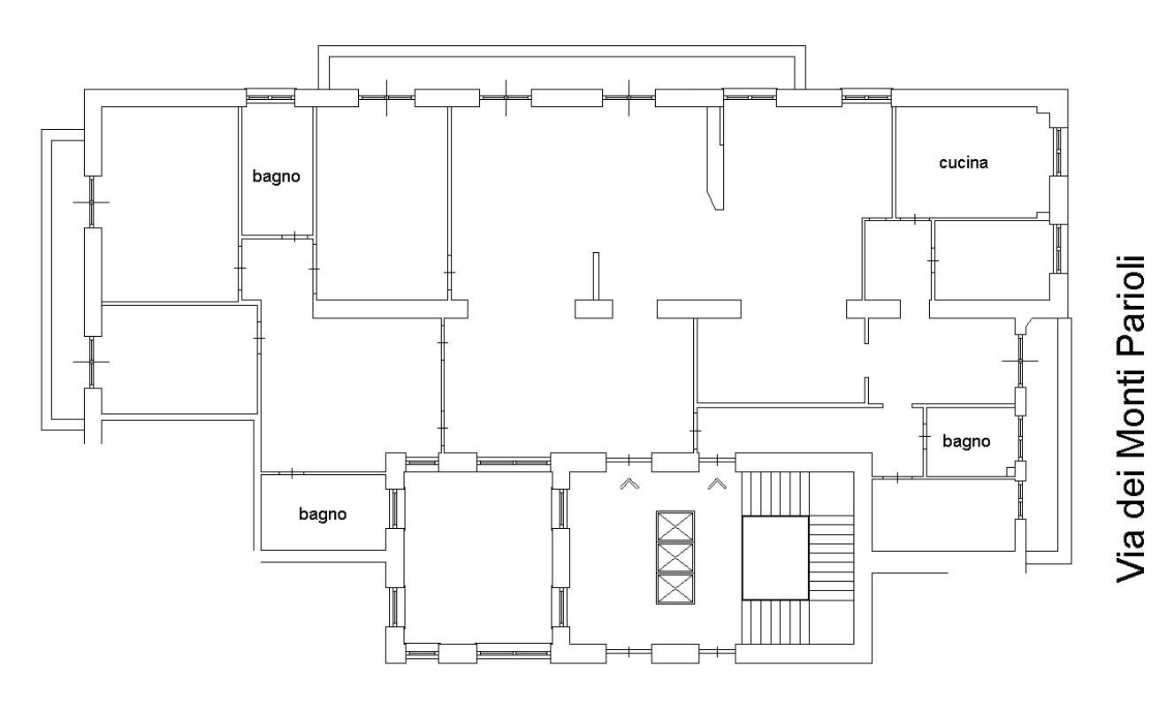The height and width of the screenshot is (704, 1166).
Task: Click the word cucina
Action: [964, 163]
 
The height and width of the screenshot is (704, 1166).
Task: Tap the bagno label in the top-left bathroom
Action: [276, 177]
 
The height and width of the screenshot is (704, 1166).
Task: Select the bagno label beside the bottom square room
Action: [323, 515]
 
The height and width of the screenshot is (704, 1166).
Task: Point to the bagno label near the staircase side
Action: [966, 441]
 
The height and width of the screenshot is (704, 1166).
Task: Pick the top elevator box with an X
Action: [675, 526]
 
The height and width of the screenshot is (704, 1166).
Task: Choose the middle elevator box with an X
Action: [675, 557]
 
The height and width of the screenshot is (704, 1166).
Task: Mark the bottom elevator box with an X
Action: [675, 589]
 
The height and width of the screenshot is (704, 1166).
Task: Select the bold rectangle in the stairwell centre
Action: [775, 558]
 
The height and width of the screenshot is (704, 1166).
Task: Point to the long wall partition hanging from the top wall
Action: [715, 157]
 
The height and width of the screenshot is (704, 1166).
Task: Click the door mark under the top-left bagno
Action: [294, 237]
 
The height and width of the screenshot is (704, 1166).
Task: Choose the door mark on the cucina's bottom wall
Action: [915, 219]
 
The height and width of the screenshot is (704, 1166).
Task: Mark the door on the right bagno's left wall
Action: [925, 436]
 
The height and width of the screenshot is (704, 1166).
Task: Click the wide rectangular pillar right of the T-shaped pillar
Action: [699, 309]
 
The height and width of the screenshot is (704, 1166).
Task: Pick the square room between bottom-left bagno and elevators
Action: [478, 557]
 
